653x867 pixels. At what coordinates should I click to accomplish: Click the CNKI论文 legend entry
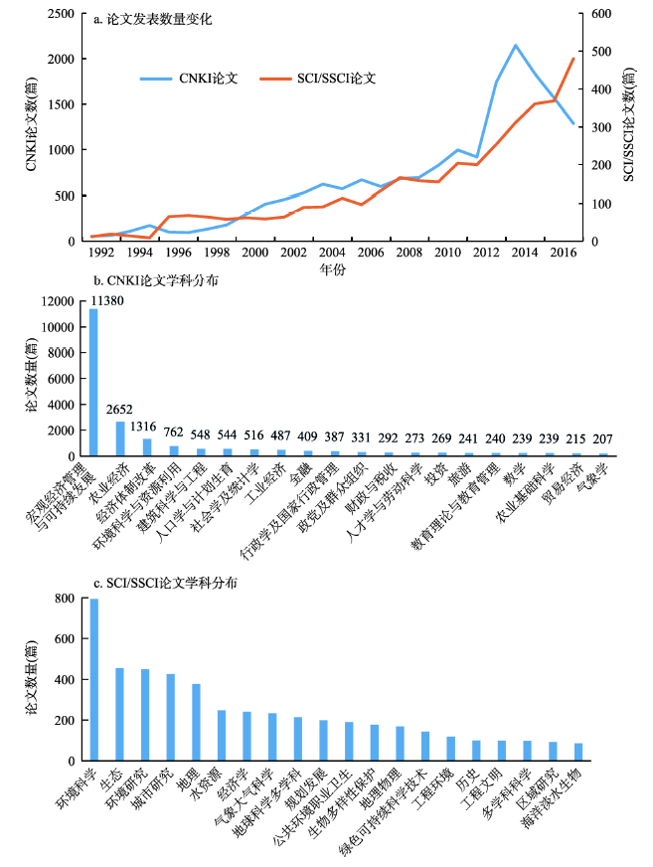pos(190,79)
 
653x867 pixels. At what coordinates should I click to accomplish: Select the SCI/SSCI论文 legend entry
pos(318,79)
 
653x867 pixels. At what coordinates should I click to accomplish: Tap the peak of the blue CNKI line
pos(515,46)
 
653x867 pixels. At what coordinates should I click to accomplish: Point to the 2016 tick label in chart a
pos(563,253)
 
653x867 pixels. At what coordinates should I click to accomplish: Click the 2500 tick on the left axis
pos(61,14)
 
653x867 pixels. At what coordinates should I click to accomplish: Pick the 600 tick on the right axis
pos(601,14)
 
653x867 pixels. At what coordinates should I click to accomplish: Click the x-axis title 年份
pos(332,269)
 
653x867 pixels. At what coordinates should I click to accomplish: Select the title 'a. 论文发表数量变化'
pos(153,19)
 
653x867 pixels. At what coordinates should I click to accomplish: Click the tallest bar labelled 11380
pos(93,382)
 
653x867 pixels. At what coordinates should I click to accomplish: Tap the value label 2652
pos(119,410)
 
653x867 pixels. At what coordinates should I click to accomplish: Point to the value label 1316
pos(143,427)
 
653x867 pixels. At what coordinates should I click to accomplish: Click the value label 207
pos(602,439)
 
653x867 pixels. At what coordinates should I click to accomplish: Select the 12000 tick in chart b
pos(58,301)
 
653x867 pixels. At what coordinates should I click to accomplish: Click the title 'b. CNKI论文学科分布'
pos(155,281)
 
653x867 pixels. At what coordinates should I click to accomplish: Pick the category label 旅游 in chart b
pos(460,475)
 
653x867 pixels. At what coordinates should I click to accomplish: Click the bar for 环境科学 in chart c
pos(94,679)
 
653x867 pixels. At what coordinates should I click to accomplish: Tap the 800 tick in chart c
pos(65,599)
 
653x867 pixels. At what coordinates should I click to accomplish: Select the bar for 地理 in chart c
pos(196,722)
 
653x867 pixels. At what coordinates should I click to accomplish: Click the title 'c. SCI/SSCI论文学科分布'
pos(165,584)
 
